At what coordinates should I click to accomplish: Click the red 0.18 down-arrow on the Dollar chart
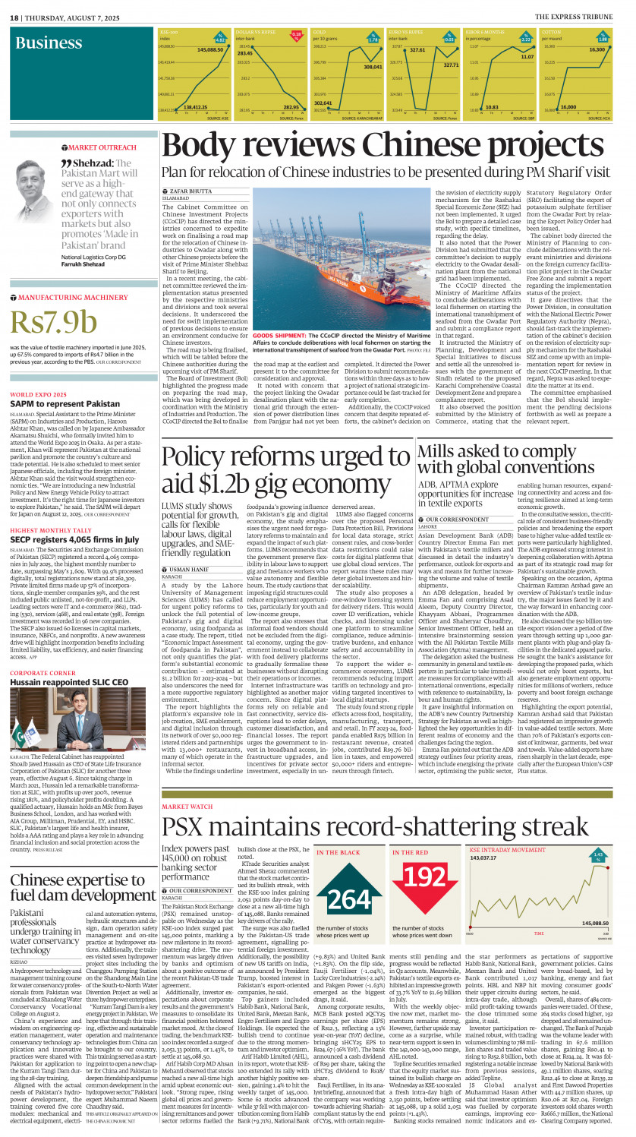point(296,34)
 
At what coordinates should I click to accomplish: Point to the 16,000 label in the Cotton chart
point(568,107)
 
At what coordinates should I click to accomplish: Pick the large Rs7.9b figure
point(54,322)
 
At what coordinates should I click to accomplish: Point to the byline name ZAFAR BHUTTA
point(190,191)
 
